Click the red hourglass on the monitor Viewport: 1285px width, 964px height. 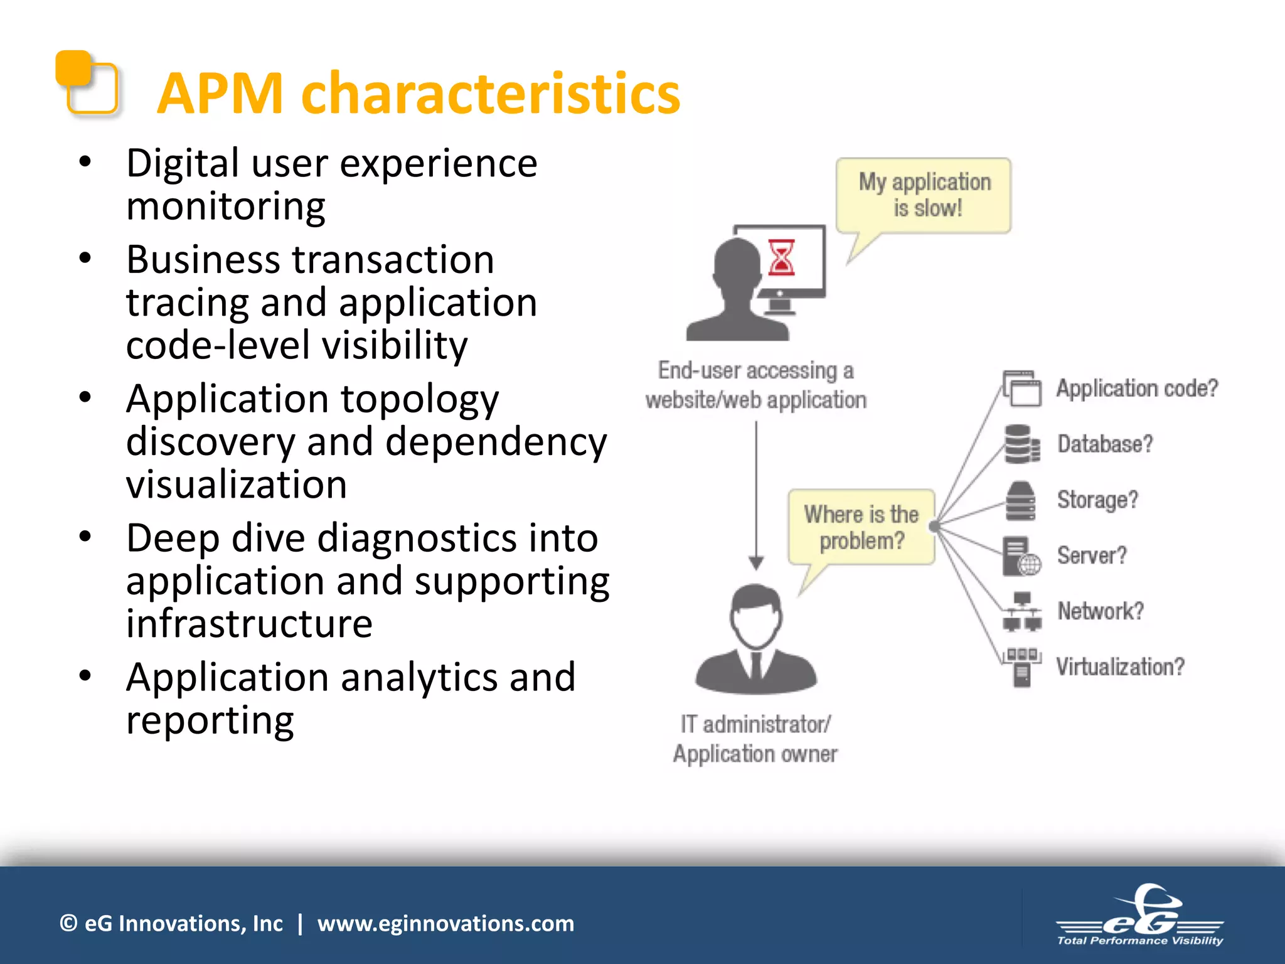(x=782, y=257)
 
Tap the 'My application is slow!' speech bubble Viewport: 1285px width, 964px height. (x=924, y=196)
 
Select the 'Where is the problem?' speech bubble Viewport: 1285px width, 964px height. (x=861, y=527)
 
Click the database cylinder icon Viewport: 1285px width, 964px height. (x=1020, y=444)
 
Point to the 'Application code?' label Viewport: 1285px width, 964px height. (x=1137, y=388)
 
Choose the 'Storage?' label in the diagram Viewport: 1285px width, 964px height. (x=1097, y=500)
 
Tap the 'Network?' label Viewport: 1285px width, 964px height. (x=1101, y=611)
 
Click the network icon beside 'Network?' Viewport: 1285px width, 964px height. (x=1021, y=611)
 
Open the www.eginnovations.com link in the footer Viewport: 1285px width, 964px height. (x=445, y=924)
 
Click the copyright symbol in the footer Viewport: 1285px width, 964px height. (x=68, y=923)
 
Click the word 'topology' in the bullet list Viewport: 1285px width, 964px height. (x=420, y=400)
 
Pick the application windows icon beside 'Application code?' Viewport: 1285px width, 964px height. (x=1021, y=389)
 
